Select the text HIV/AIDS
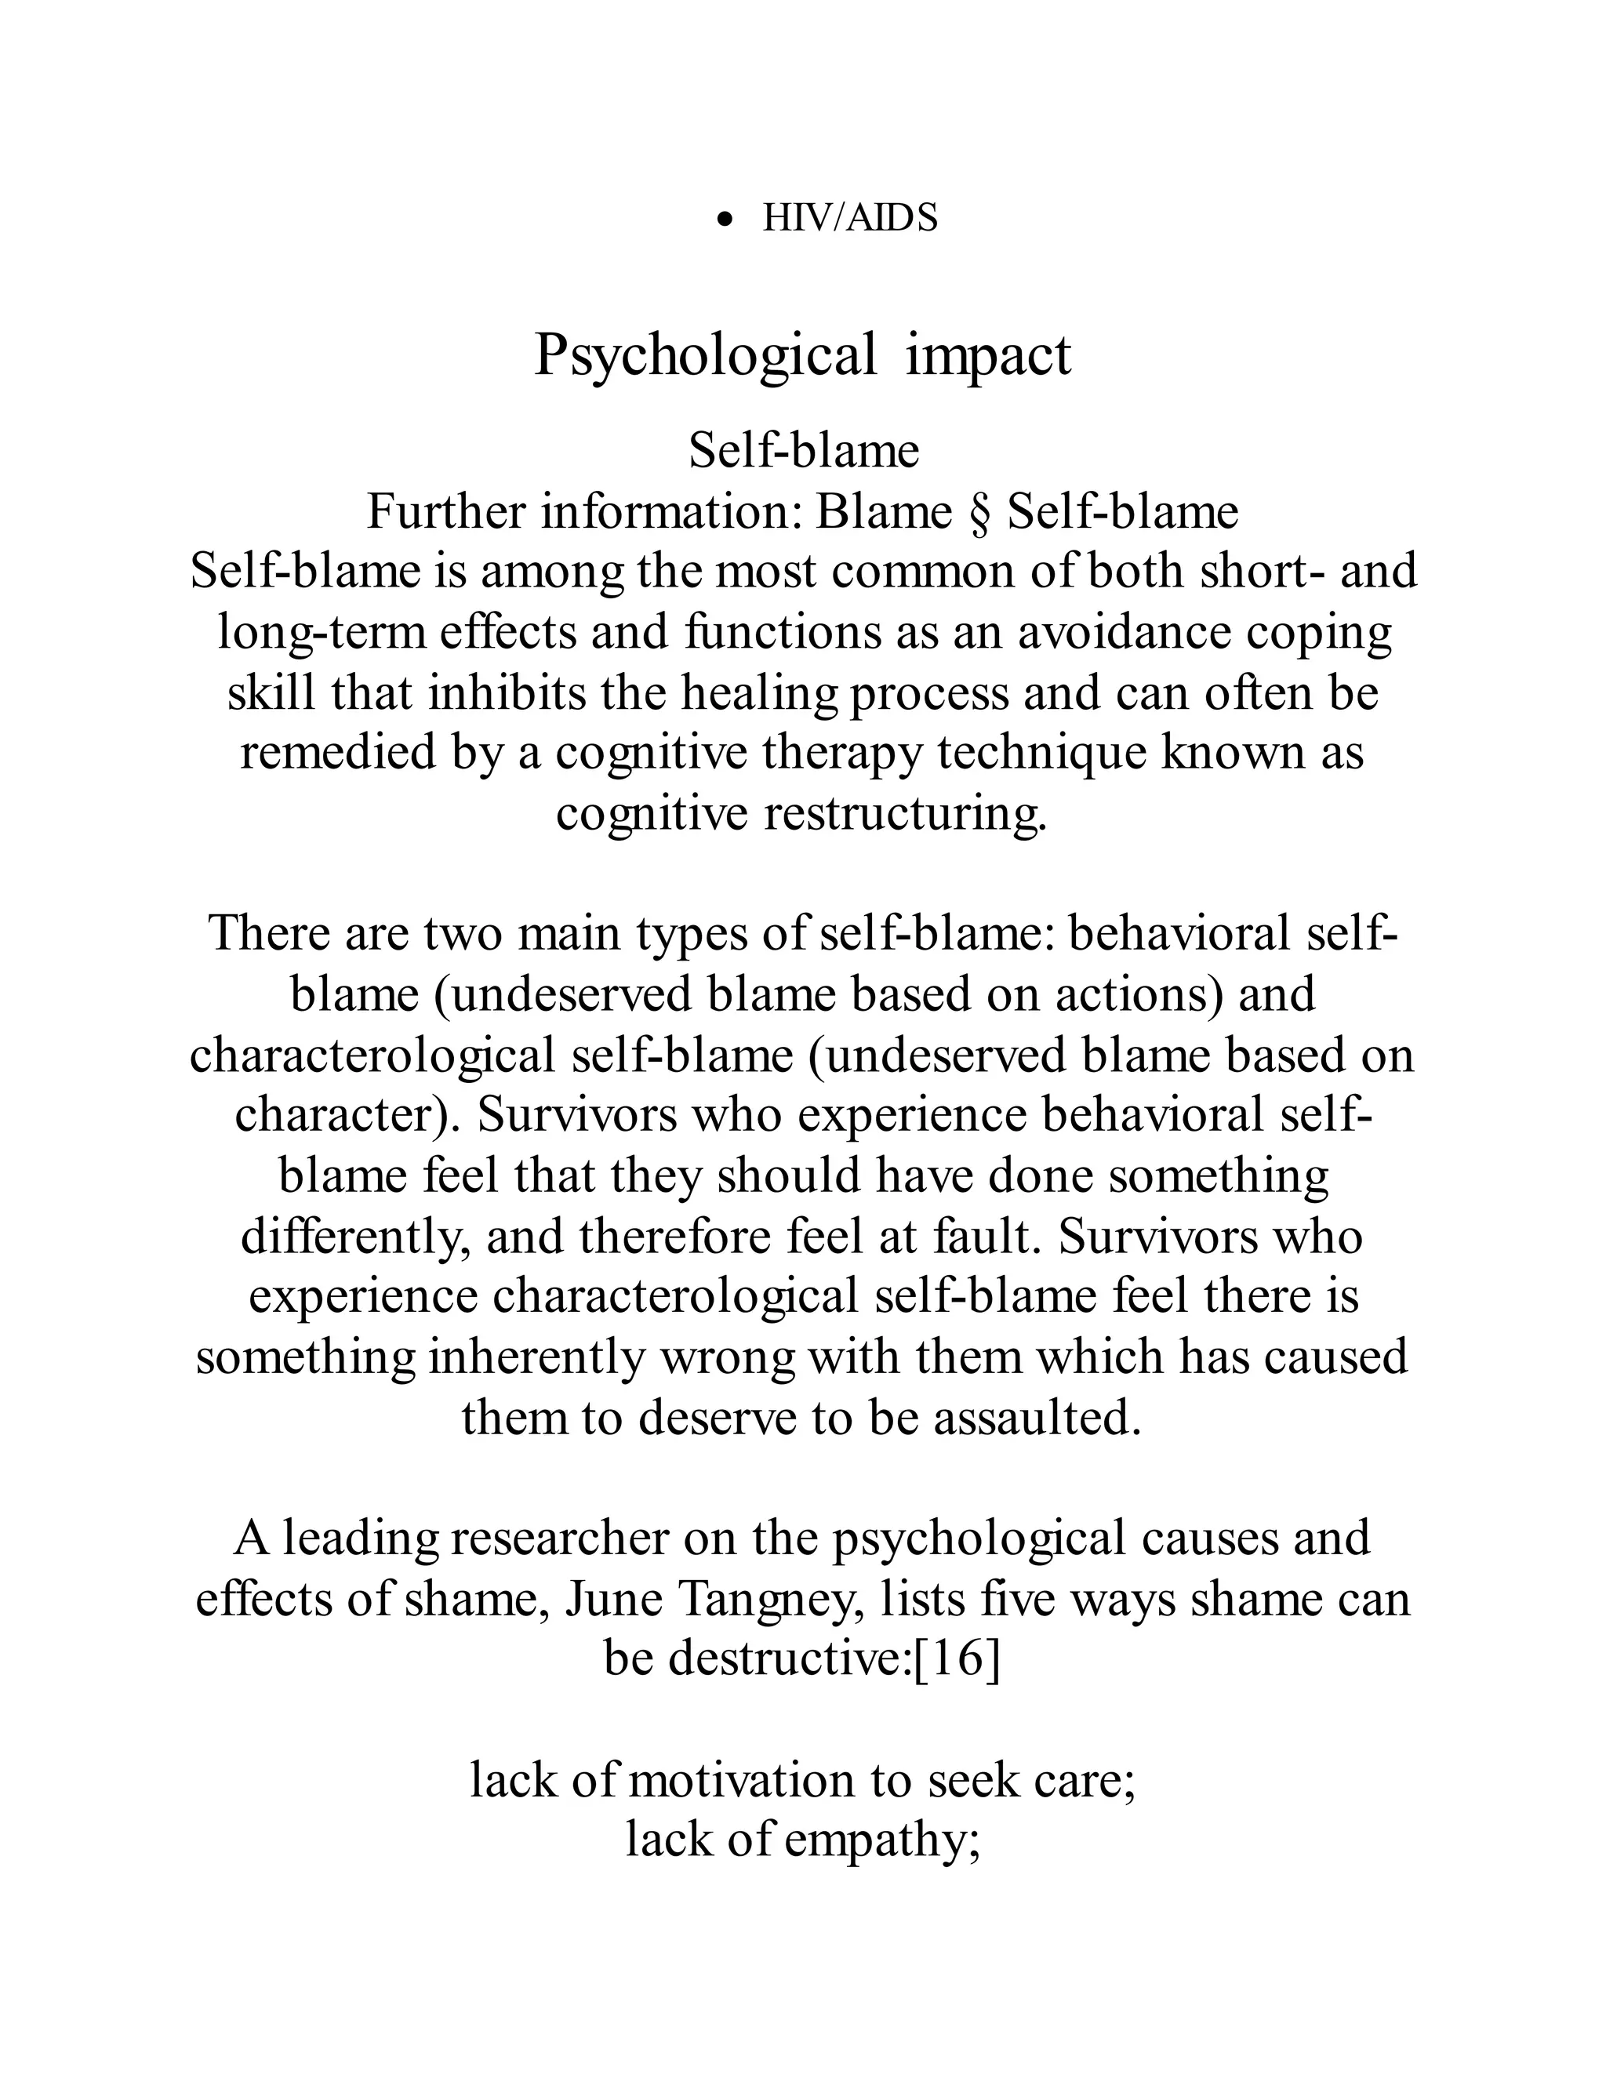coord(849,219)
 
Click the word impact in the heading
coord(989,356)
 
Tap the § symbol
coord(980,513)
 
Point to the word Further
coord(446,513)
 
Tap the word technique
coord(1042,753)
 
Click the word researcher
coord(561,1539)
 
